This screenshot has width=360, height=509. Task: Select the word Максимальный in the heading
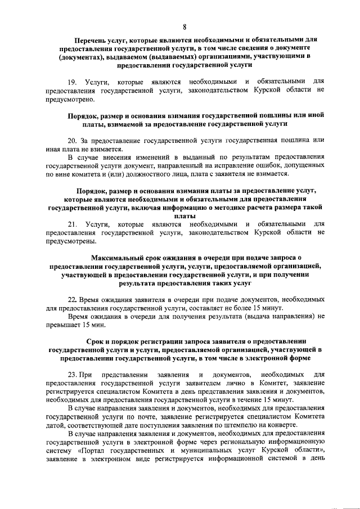point(116,258)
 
